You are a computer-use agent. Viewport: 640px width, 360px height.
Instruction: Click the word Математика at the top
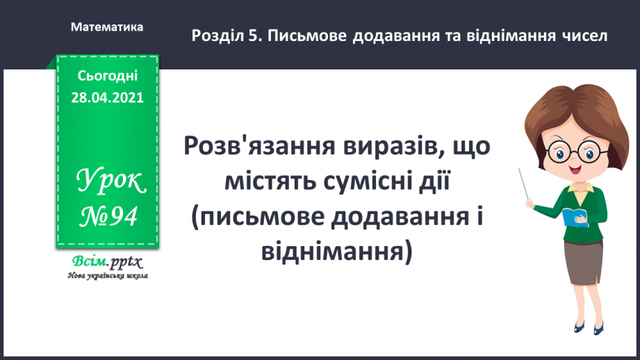coord(107,27)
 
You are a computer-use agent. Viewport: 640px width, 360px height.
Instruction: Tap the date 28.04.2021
coord(107,98)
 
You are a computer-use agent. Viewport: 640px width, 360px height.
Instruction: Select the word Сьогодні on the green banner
coord(107,76)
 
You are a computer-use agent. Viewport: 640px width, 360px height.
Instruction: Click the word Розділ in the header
coord(216,35)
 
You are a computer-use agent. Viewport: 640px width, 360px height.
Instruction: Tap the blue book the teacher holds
coord(575,216)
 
